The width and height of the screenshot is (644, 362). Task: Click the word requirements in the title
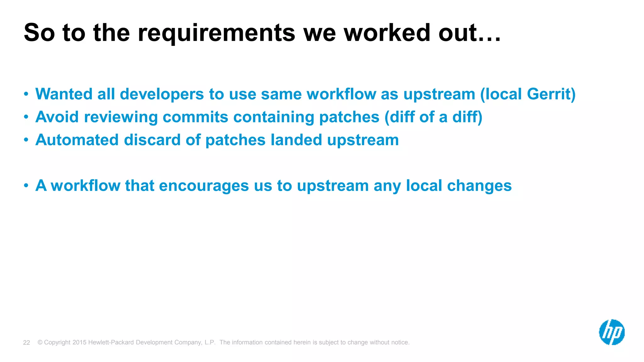coord(216,33)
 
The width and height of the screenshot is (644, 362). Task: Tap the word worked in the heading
coord(387,33)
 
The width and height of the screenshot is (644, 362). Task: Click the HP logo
coord(612,332)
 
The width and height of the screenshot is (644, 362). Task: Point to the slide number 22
coord(26,343)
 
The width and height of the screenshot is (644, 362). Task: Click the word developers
coord(162,95)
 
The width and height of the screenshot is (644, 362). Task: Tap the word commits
coord(195,117)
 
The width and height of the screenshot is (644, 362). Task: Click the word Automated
coord(77,140)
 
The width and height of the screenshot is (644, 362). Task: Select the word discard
coord(152,140)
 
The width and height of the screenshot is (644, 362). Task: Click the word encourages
coord(204,186)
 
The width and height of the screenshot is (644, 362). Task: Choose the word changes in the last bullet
coord(479,186)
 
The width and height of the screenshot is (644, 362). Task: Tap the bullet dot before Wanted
coord(26,94)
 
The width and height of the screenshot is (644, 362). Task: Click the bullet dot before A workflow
coord(26,186)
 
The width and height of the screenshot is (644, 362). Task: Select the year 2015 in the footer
coord(79,342)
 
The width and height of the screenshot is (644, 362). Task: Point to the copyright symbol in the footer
coord(40,342)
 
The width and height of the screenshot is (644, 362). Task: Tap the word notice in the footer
coord(399,342)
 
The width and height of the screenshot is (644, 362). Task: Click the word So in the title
coord(39,33)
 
